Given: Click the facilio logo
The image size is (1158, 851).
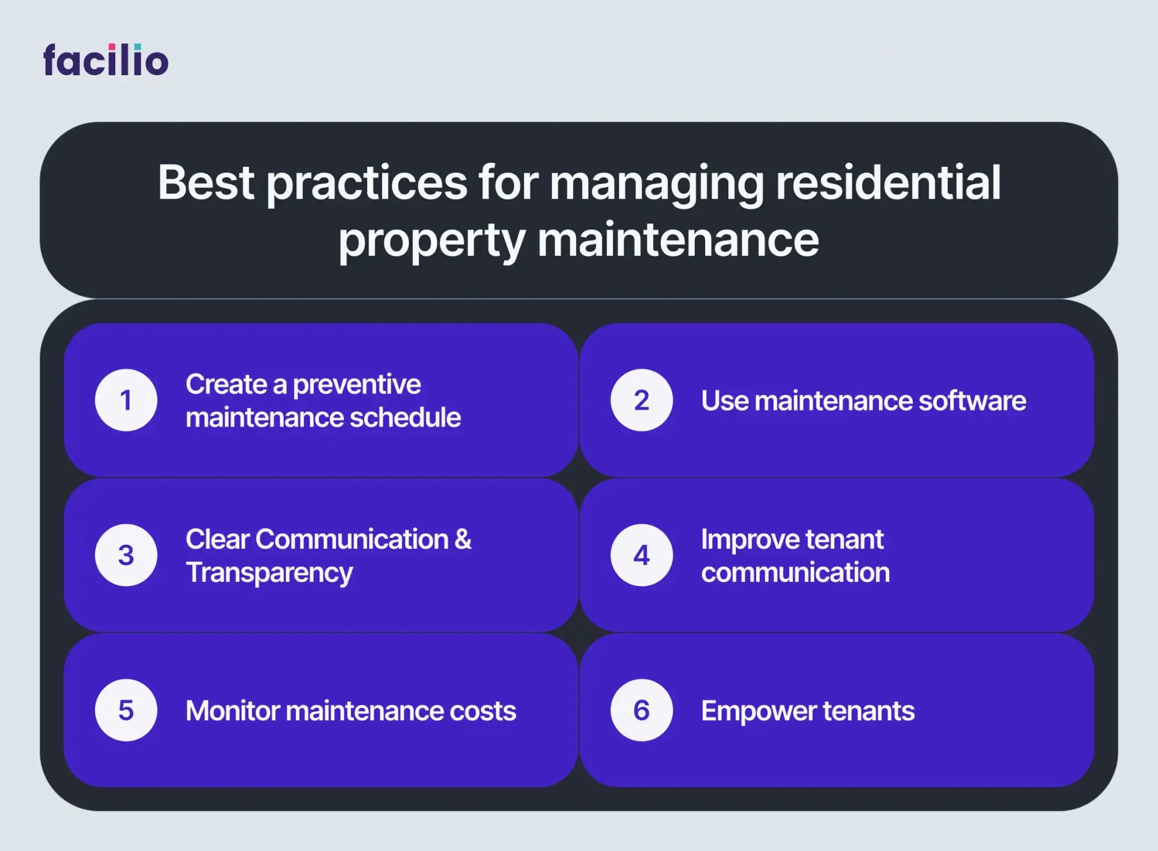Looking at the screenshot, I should pyautogui.click(x=106, y=60).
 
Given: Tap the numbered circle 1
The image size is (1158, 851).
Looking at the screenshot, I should pyautogui.click(x=126, y=400).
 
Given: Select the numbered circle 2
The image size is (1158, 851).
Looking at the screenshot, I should pyautogui.click(x=642, y=400).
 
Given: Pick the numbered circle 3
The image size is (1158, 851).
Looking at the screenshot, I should pyautogui.click(x=126, y=555).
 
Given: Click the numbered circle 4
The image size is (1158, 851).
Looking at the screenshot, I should pyautogui.click(x=642, y=555).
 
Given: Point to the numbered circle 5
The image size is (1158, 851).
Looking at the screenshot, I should pyautogui.click(x=126, y=710).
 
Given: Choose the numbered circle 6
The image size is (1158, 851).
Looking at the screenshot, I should pyautogui.click(x=642, y=710).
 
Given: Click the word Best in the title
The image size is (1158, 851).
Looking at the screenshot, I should pyautogui.click(x=206, y=182).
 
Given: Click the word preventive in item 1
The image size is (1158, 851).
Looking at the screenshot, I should pyautogui.click(x=357, y=385).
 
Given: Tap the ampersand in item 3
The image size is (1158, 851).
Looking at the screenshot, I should pyautogui.click(x=463, y=540).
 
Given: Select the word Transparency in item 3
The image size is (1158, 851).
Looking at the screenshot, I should pyautogui.click(x=269, y=573).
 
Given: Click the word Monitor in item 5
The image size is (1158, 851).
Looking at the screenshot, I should pyautogui.click(x=233, y=711).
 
